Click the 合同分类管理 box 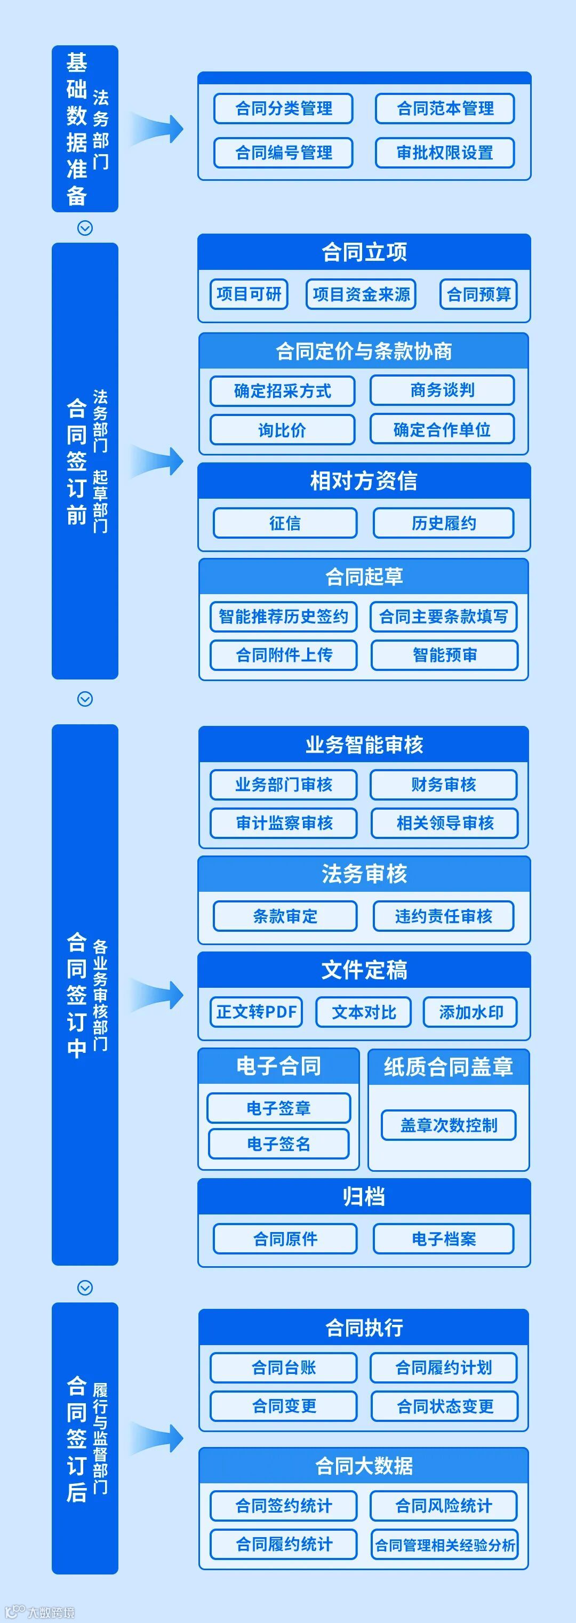283,108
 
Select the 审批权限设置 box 444,153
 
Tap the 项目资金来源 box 361,294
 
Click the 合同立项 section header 364,252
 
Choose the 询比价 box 282,430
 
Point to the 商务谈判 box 442,390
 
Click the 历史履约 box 444,524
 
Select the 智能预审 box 444,655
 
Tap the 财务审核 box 443,785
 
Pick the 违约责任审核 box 443,916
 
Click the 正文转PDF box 256,1012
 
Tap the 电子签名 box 278,1144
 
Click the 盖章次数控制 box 448,1125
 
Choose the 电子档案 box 443,1240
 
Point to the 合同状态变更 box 444,1406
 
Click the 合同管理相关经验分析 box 444,1545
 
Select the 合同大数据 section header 364,1466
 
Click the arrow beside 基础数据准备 157,129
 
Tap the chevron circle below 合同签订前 85,699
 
